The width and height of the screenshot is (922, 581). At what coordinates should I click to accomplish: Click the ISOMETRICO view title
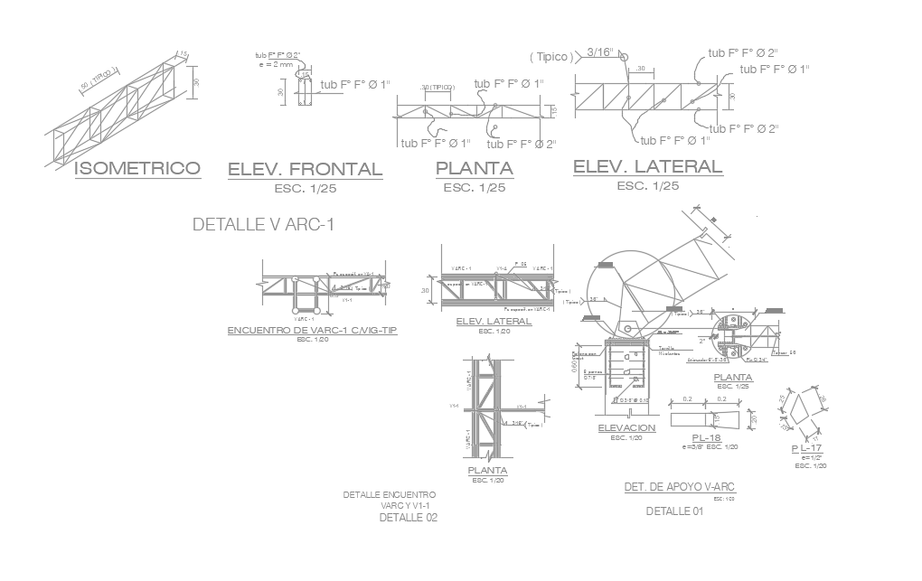point(136,168)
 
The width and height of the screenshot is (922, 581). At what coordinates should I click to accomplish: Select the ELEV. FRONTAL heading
point(305,169)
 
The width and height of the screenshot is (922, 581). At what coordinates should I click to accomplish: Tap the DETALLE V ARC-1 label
point(264,224)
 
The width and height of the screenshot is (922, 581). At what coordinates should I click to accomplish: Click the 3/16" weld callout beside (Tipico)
point(602,52)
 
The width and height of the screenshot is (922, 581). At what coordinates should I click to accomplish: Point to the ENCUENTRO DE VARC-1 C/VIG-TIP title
point(312,331)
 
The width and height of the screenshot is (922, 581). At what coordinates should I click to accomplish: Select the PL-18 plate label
point(700,438)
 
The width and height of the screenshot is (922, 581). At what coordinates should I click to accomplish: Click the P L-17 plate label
point(806,449)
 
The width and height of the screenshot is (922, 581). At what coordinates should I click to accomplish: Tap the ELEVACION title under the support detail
point(626,427)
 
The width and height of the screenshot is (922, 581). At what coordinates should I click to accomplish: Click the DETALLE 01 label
point(674,511)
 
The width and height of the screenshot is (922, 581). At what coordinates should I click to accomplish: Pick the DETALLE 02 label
point(408,519)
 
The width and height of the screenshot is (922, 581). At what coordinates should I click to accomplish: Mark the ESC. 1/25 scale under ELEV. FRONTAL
point(305,189)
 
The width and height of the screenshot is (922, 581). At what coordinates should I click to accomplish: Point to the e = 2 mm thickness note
point(276,64)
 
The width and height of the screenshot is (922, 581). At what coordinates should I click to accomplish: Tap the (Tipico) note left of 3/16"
point(552,57)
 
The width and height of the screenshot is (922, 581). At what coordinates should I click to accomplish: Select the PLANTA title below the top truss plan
point(474,168)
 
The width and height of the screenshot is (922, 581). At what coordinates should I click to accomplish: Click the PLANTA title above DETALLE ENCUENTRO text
point(487,471)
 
